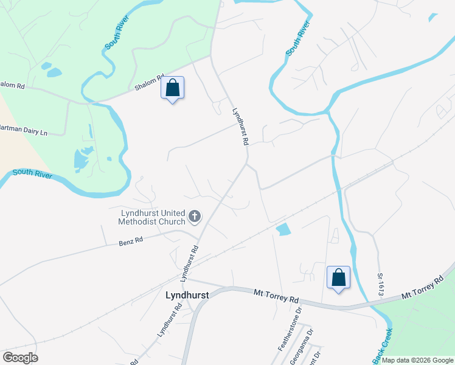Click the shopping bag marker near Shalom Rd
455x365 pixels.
coord(173,88)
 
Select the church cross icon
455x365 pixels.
coord(195,215)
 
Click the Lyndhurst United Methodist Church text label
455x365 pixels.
coord(152,217)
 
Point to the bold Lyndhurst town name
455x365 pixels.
coord(187,294)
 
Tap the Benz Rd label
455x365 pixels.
coord(130,241)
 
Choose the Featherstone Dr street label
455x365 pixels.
coord(290,329)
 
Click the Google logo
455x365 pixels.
coord(20,358)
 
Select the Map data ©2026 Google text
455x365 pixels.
coord(417,360)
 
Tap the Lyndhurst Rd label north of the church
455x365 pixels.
coord(241,127)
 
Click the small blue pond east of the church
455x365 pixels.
coord(283,230)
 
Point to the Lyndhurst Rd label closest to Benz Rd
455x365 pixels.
coord(190,263)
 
